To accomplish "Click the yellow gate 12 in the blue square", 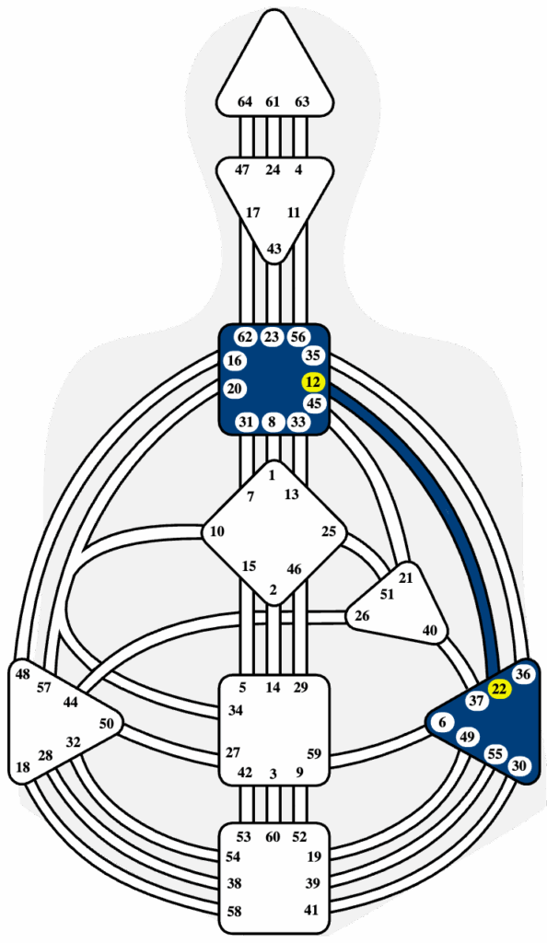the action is pos(313,382).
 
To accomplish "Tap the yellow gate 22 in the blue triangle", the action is pos(498,690).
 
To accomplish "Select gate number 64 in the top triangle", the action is pos(245,101).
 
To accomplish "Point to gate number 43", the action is pos(273,249).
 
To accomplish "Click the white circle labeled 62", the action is pos(245,337).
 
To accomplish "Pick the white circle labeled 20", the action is pos(235,389).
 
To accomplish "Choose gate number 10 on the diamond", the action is pos(217,531).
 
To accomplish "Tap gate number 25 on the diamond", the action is pos(329,531).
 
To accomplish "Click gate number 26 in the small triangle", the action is pos(362,616).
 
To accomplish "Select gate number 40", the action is pos(430,631).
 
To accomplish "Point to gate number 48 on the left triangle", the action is pos(23,674).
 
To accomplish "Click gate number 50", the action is pos(106,724).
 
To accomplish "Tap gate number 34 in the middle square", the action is pos(235,711).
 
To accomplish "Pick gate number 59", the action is pos(314,752).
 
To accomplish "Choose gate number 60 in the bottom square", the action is pos(273,836).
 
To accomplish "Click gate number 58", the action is pos(235,913).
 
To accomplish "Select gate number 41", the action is pos(310,910).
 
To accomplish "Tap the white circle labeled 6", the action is pos(442,723).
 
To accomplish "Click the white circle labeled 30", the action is pos(520,765).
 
